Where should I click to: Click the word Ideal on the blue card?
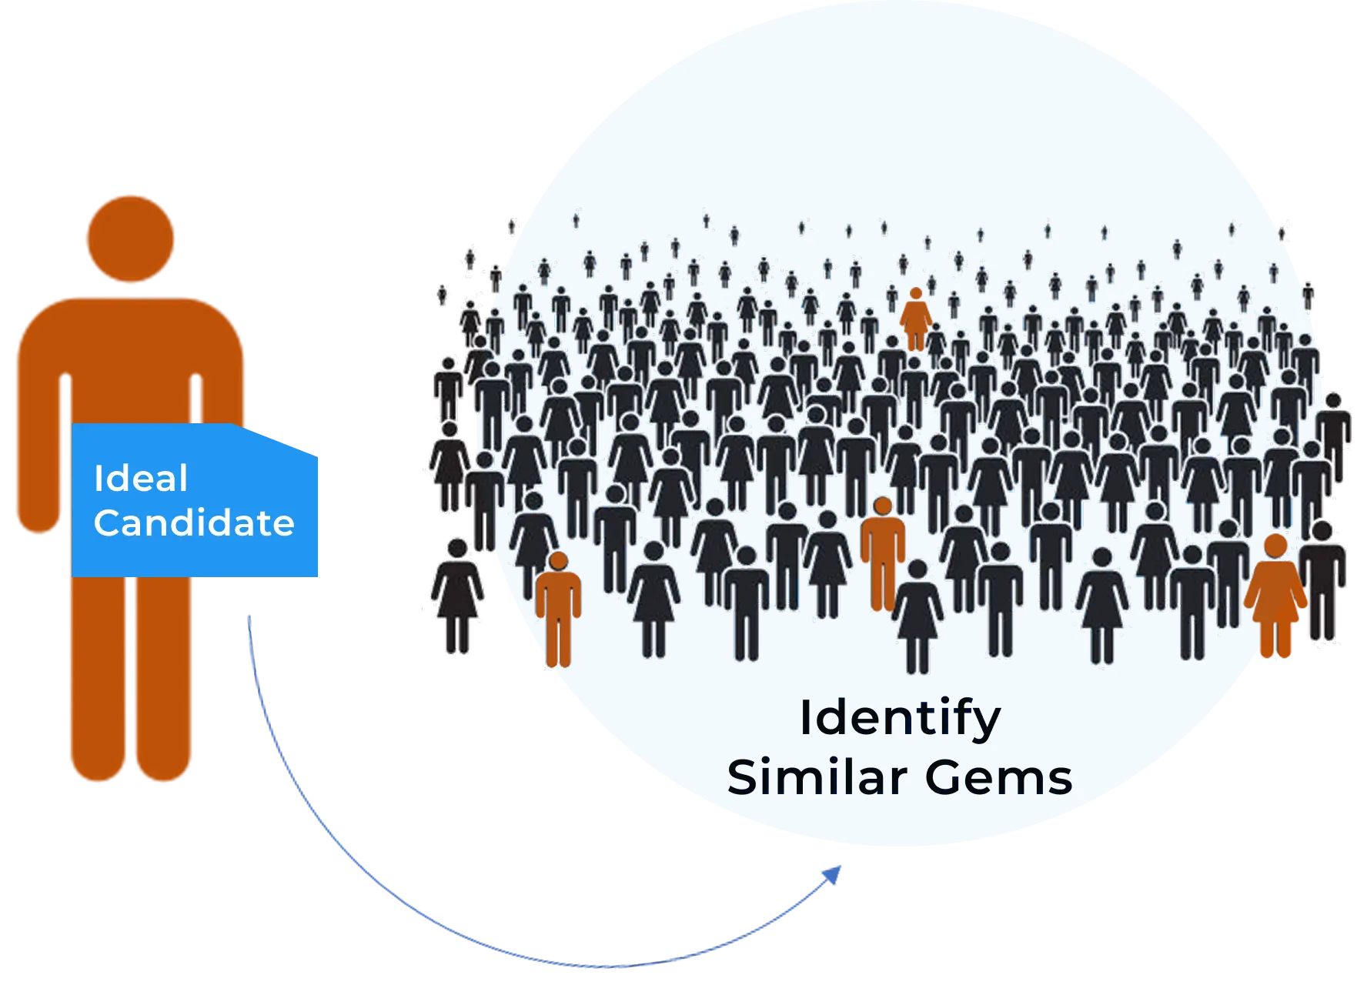click(x=140, y=479)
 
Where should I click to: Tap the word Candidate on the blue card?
click(x=194, y=523)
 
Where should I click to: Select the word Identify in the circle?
click(x=900, y=719)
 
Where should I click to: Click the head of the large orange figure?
click(x=130, y=239)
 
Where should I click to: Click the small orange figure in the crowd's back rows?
click(x=915, y=319)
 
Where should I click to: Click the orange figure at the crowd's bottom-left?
click(x=558, y=608)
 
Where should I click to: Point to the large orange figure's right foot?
click(x=163, y=762)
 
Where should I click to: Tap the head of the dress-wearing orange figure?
click(x=1275, y=546)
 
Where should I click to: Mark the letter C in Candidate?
click(x=107, y=523)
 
